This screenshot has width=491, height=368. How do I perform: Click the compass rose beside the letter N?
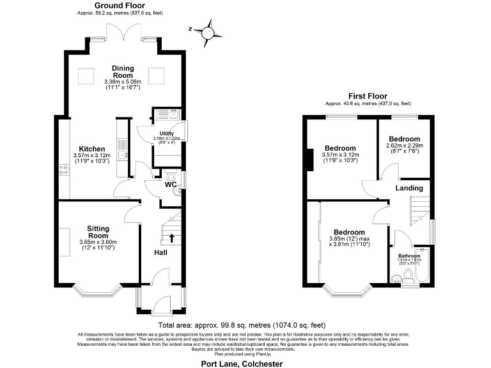209,30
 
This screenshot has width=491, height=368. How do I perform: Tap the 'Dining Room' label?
122,72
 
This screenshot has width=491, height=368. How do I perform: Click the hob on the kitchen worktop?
64,169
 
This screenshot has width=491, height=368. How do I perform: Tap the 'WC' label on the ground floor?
171,185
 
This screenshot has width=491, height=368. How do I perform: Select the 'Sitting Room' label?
98,231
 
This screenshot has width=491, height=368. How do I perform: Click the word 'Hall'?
161,253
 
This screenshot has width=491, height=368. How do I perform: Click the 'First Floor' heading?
368,96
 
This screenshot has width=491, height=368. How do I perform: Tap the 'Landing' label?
409,188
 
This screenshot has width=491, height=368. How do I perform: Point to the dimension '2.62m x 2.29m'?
404,146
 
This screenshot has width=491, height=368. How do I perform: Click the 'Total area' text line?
245,325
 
